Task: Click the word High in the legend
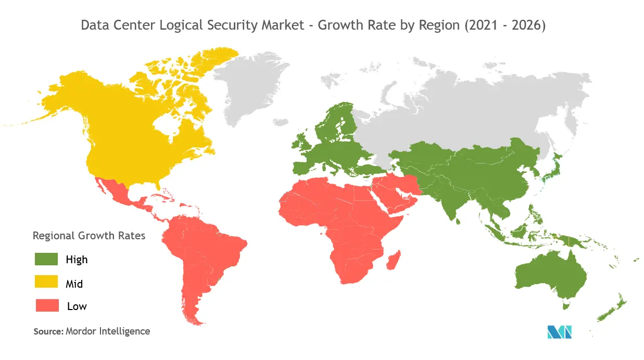point(77,260)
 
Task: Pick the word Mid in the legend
point(74,284)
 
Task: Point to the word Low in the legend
point(77,306)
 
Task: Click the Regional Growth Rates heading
point(89,235)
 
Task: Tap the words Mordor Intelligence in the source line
point(108,331)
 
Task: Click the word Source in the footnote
point(48,331)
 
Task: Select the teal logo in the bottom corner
point(560,331)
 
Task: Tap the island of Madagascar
point(394,260)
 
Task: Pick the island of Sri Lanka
point(458,221)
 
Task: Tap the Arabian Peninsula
point(396,195)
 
